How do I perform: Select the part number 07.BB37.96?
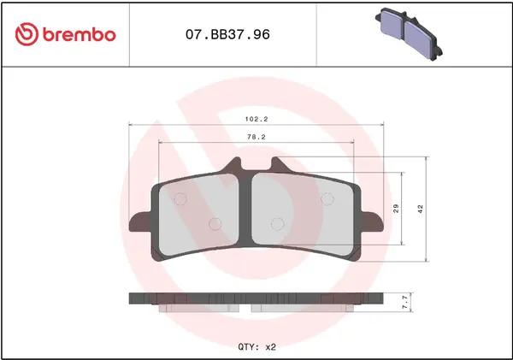[222, 35]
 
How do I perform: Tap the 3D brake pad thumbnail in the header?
[410, 33]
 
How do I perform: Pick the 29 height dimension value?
[396, 209]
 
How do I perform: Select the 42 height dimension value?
[419, 209]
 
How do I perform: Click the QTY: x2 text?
[256, 347]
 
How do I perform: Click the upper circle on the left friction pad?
[180, 200]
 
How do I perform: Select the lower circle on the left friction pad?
[215, 224]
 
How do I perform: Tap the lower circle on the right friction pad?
[275, 224]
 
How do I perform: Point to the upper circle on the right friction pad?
[326, 199]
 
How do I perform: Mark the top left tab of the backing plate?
[233, 165]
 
